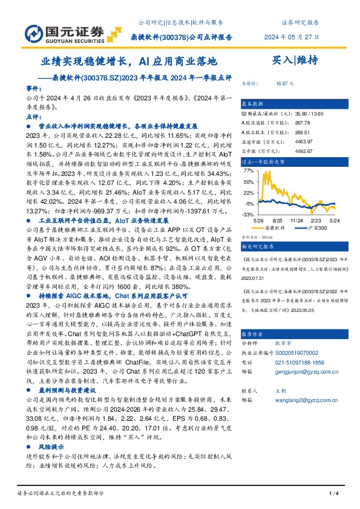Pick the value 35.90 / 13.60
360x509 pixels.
pos(300,112)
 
